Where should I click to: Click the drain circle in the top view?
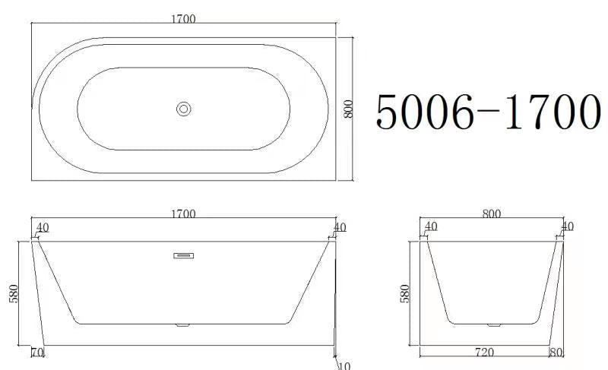[x=183, y=109]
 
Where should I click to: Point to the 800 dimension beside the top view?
[x=349, y=109]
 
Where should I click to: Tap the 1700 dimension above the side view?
[x=183, y=214]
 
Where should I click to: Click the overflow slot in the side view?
[x=183, y=256]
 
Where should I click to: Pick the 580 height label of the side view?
[x=14, y=294]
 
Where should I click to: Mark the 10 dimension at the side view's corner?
[x=344, y=365]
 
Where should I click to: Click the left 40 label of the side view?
[x=42, y=227]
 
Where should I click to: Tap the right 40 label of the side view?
[x=339, y=227]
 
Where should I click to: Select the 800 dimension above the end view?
[x=492, y=214]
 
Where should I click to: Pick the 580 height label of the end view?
[x=405, y=294]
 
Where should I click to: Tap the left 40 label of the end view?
[x=431, y=226]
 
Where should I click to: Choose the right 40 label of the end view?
[x=567, y=226]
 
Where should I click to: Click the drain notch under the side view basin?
[x=182, y=325]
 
